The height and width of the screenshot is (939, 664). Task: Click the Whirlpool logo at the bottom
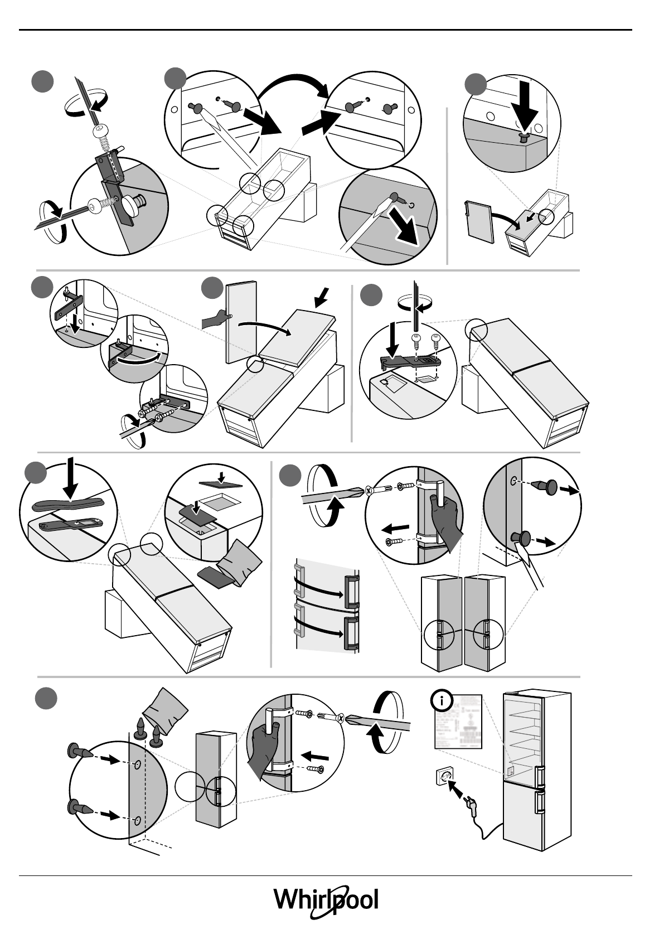tap(326, 901)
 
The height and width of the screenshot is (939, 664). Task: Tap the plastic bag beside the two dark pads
tap(241, 562)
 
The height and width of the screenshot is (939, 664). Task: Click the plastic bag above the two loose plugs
tap(166, 706)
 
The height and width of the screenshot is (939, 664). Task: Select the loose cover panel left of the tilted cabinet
tap(479, 222)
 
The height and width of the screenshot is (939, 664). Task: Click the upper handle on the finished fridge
tap(539, 776)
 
